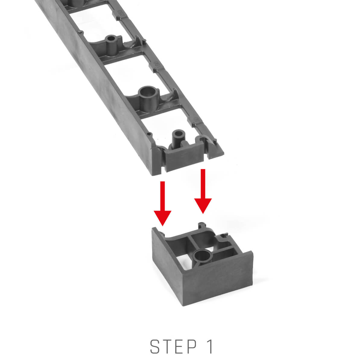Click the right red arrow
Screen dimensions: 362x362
[203, 191]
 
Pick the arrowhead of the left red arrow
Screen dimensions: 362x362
[163, 218]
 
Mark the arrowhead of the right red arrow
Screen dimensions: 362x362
[203, 206]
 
